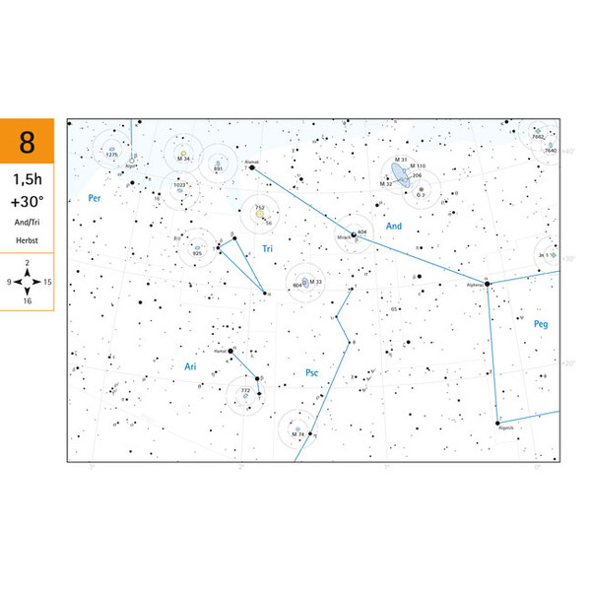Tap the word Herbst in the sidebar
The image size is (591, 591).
(x=27, y=241)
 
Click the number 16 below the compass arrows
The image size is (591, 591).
(x=27, y=300)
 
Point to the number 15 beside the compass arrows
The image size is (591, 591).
(x=47, y=282)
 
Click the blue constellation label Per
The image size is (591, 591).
(x=95, y=198)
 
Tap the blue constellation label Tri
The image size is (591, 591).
(x=267, y=249)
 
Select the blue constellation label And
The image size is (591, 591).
(x=394, y=227)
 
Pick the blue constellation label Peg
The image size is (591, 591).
(x=539, y=323)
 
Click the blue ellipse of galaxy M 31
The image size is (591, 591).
(x=398, y=173)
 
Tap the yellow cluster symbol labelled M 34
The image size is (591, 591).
(x=183, y=154)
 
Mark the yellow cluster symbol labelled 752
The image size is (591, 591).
(x=261, y=214)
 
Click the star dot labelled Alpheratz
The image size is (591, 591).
(x=487, y=284)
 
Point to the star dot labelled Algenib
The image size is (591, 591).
(x=498, y=421)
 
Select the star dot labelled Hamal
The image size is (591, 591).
(x=230, y=351)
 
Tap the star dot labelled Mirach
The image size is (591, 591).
(x=353, y=234)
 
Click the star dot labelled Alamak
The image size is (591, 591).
(x=252, y=167)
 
